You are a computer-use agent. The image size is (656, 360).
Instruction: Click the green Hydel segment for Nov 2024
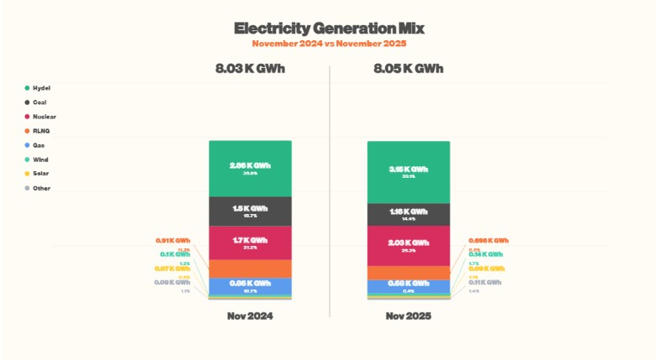click(250, 168)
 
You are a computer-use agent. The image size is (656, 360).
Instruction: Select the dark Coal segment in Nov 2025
click(409, 214)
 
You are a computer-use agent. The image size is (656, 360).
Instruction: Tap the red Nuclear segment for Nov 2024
click(250, 243)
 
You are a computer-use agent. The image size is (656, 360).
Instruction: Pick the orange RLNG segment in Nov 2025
click(409, 273)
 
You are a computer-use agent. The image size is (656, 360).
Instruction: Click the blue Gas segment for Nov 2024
click(250, 286)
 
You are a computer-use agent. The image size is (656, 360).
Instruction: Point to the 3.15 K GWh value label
click(409, 169)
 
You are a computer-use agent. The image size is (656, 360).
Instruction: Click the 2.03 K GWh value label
click(409, 243)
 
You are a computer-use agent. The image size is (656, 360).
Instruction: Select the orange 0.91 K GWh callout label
click(174, 241)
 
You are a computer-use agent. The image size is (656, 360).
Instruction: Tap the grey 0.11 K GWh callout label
click(486, 283)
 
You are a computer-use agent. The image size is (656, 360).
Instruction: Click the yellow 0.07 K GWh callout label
click(173, 269)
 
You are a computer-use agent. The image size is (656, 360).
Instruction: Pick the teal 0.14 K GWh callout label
click(486, 253)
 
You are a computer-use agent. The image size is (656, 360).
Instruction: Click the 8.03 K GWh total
click(250, 68)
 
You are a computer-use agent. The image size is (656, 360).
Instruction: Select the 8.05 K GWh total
click(409, 68)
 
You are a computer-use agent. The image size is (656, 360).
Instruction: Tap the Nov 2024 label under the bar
click(250, 316)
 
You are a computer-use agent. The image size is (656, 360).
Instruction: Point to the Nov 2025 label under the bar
click(409, 316)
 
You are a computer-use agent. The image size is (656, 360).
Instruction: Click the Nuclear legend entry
click(43, 117)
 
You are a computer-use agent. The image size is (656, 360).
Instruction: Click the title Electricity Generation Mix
click(328, 29)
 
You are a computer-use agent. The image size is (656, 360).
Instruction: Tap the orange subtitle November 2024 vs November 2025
click(328, 43)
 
